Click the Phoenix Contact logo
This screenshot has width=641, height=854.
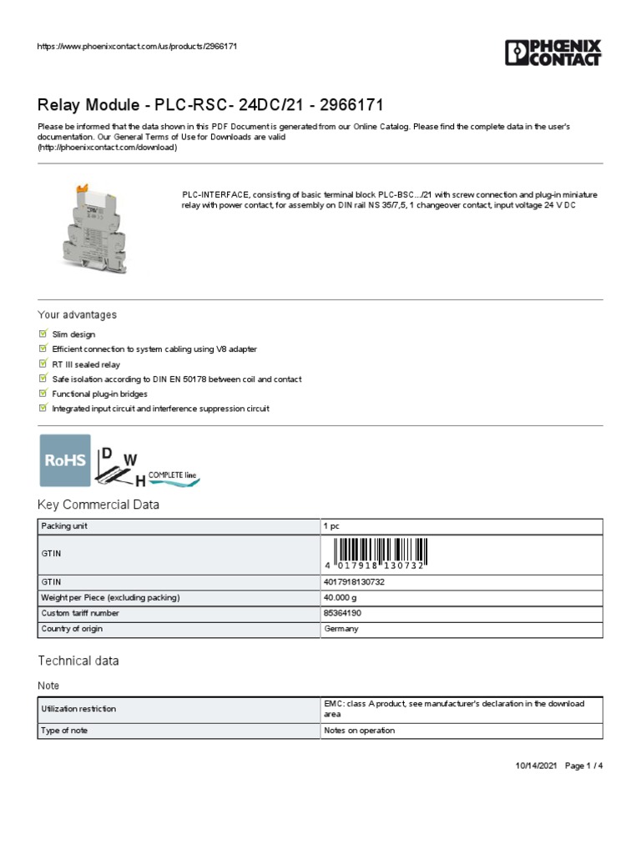553,53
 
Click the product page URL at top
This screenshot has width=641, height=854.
138,46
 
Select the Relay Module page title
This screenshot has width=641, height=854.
210,105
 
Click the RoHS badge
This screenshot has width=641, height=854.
65,460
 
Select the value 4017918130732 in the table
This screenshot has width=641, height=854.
353,582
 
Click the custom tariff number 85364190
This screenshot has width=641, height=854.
342,613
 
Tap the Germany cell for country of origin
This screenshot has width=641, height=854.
341,629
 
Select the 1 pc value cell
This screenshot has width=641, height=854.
331,527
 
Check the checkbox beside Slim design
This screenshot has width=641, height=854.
43,334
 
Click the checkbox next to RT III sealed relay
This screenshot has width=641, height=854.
43,364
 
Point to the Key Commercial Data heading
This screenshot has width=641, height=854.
98,505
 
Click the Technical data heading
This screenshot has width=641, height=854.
78,661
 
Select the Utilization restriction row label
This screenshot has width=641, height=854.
78,709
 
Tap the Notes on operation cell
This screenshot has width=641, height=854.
359,731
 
